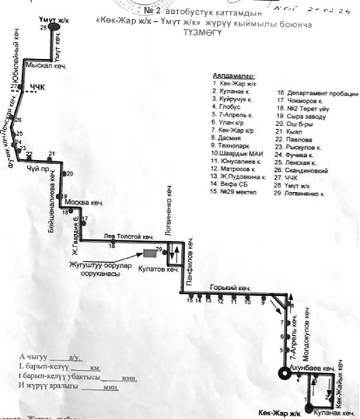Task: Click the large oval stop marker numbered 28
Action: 54,27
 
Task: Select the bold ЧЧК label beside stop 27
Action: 38,87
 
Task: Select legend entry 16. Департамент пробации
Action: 318,94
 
